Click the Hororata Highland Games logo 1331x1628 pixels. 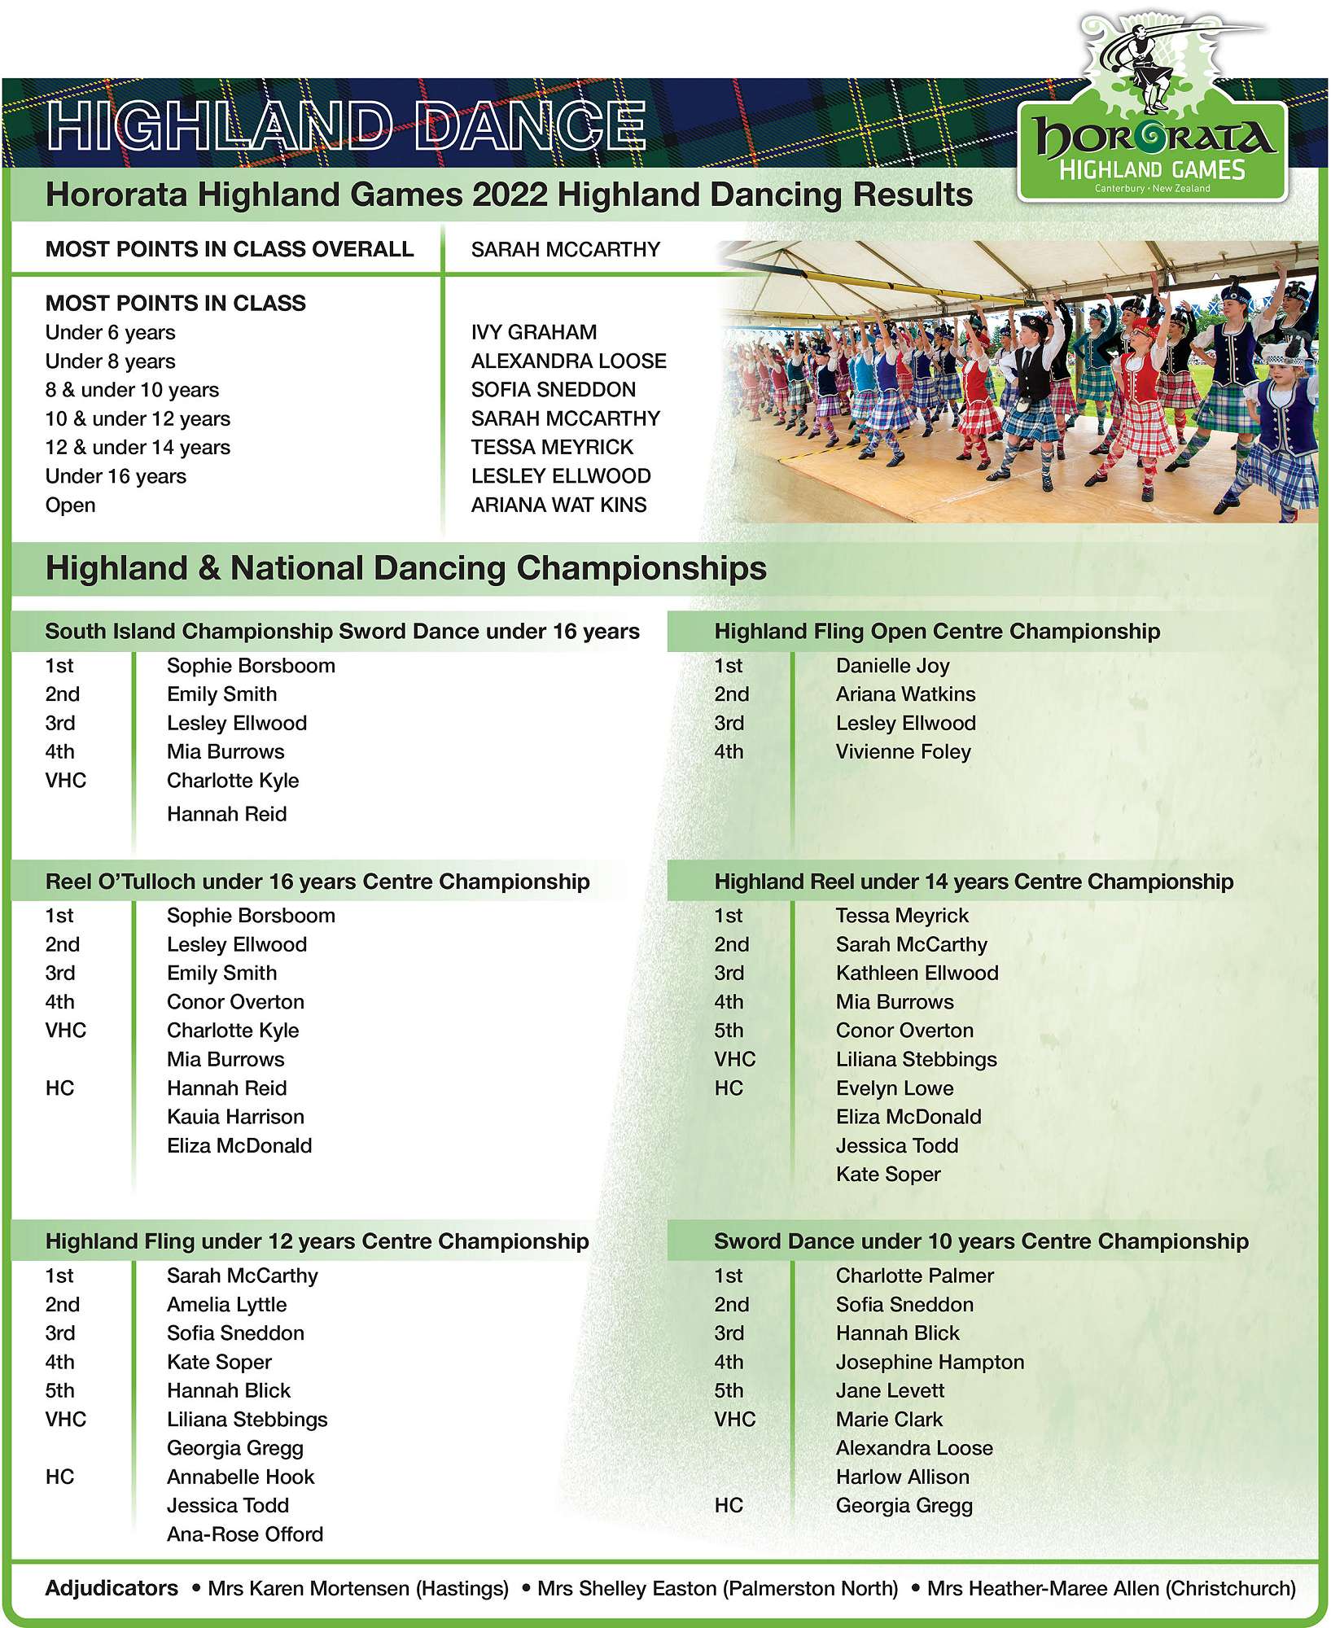pyautogui.click(x=1152, y=130)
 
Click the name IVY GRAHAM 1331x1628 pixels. pyautogui.click(x=533, y=332)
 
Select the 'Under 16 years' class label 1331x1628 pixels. pyautogui.click(x=116, y=476)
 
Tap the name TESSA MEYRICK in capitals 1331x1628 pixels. pyautogui.click(x=552, y=447)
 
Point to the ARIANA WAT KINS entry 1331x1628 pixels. pyautogui.click(x=558, y=505)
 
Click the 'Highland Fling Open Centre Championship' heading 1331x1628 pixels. pyautogui.click(x=937, y=632)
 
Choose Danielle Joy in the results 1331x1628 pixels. pyautogui.click(x=892, y=666)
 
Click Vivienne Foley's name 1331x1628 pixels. pyautogui.click(x=903, y=751)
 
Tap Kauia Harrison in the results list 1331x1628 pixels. pyautogui.click(x=235, y=1117)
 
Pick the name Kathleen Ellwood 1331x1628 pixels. pyautogui.click(x=917, y=973)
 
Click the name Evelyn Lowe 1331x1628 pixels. pyautogui.click(x=894, y=1088)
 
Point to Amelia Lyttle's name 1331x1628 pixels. pyautogui.click(x=226, y=1305)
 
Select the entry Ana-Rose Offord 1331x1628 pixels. pyautogui.click(x=245, y=1534)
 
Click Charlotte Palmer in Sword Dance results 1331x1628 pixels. pyautogui.click(x=914, y=1276)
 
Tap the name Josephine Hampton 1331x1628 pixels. pyautogui.click(x=930, y=1362)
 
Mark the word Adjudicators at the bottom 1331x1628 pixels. pyautogui.click(x=112, y=1588)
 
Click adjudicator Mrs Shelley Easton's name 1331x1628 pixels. pyautogui.click(x=717, y=1588)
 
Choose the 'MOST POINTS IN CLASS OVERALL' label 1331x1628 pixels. pyautogui.click(x=229, y=249)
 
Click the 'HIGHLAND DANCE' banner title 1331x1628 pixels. pyautogui.click(x=346, y=126)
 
